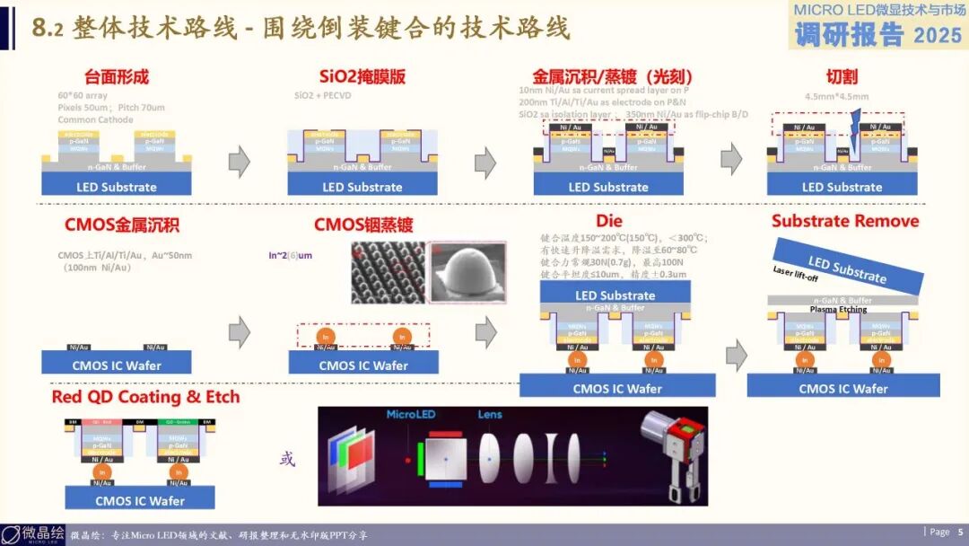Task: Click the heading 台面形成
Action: click(x=116, y=77)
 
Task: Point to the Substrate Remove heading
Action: click(x=845, y=221)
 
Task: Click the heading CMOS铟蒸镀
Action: click(x=363, y=225)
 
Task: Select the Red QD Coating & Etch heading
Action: click(x=145, y=397)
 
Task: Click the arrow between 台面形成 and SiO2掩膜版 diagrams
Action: click(x=240, y=162)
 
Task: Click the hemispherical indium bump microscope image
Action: click(x=469, y=272)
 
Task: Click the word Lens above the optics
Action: click(x=490, y=415)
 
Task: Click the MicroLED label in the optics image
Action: click(x=409, y=415)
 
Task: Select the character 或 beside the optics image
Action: click(x=287, y=460)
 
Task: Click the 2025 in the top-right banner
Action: click(x=938, y=36)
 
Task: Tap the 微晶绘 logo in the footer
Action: click(x=33, y=534)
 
